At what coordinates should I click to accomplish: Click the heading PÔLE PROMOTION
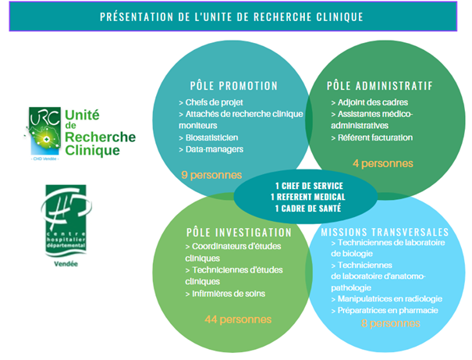point(233,86)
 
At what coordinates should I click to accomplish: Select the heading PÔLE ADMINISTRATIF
point(380,86)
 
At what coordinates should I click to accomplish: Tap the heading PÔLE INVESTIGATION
point(239,233)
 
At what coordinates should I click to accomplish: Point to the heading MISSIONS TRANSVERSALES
point(385,232)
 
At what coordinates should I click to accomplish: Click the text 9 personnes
point(211,175)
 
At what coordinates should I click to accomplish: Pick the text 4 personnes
point(383,163)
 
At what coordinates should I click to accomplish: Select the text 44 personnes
point(238,319)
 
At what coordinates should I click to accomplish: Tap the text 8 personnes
point(390,323)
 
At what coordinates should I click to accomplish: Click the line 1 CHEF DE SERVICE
point(309,186)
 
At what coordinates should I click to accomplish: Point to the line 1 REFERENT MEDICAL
point(308,197)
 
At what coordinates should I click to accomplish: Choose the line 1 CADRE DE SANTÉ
point(308,209)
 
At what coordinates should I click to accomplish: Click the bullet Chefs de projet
point(211,102)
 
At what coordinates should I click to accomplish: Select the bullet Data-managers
point(211,149)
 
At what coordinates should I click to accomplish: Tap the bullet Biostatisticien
point(208,137)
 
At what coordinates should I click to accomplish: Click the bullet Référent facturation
point(372,137)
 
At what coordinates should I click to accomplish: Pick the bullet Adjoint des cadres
point(369,102)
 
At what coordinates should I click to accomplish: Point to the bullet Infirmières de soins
point(225,294)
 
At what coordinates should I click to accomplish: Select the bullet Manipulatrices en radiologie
point(386,299)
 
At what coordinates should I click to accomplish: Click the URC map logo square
point(44,131)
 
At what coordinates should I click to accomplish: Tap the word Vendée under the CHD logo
point(66,264)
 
